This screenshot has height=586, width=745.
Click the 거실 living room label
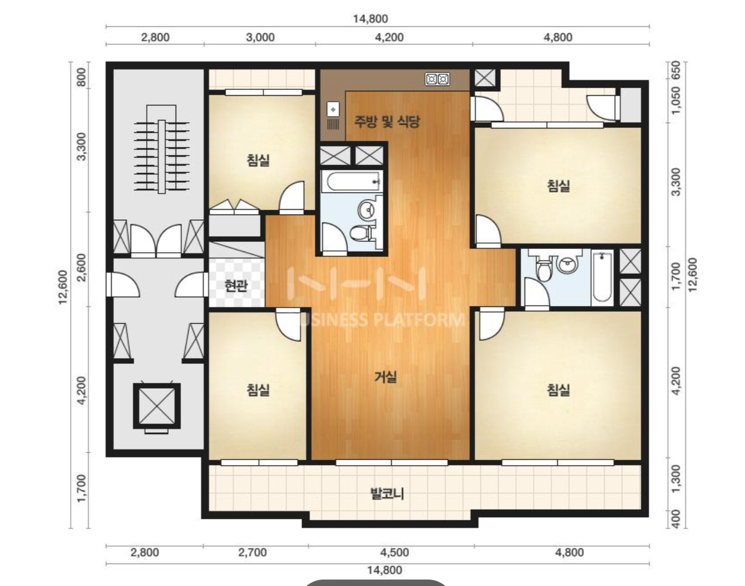pos(385,376)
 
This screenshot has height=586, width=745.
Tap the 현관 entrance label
pos(236,285)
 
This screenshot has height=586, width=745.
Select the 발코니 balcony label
pos(388,493)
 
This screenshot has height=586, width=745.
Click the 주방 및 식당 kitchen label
pos(386,122)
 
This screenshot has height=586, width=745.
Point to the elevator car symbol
pos(157,406)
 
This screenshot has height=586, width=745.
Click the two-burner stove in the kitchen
pos(437,80)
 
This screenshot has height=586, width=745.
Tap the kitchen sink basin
pos(333,110)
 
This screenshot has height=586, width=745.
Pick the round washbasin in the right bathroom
pos(567,265)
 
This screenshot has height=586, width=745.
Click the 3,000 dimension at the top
pos(260,37)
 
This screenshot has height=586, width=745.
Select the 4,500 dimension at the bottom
pos(395,552)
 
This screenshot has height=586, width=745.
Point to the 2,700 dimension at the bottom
pos(253,552)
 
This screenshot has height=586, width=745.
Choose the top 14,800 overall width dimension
pos(370,19)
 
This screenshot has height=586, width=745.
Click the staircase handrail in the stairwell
pos(162,156)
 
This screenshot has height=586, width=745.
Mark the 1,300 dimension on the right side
pos(676,478)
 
